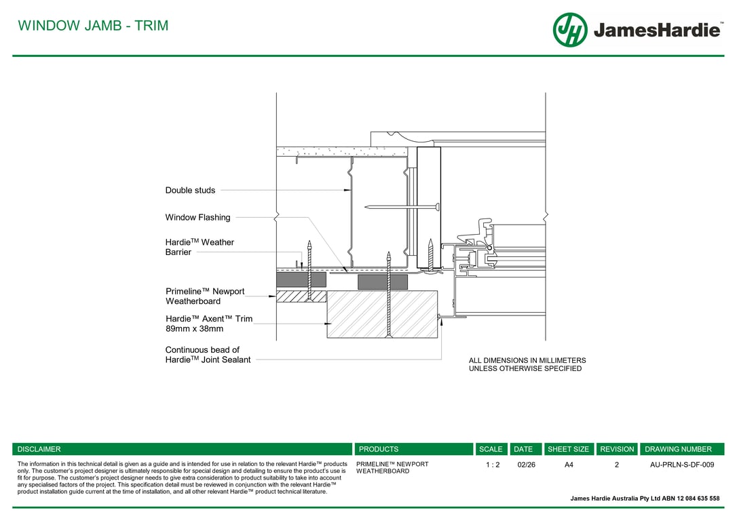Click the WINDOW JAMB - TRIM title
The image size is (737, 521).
click(x=93, y=25)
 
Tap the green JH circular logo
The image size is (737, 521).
click(x=570, y=30)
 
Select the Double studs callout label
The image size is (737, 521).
click(x=190, y=190)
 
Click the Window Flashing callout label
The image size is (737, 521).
click(x=197, y=218)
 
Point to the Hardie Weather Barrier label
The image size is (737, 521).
click(x=200, y=247)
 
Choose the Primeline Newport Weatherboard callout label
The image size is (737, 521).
click(x=205, y=296)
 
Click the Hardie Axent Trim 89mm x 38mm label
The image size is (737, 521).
click(x=209, y=324)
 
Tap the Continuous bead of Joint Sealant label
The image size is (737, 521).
click(x=208, y=355)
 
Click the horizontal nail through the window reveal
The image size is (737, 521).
click(x=402, y=207)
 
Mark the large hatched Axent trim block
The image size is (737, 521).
click(x=382, y=314)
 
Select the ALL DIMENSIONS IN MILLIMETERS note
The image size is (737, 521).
click(x=527, y=364)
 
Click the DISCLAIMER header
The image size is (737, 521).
click(x=39, y=449)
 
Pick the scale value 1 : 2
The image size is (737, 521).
click(x=493, y=465)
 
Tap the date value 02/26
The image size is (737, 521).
click(x=526, y=465)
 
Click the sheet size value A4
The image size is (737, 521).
click(x=569, y=465)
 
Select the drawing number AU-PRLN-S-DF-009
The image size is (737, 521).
click(x=682, y=465)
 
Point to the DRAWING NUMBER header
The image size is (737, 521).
click(x=678, y=449)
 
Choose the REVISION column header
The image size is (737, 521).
click(x=617, y=449)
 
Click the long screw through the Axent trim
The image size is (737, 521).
click(x=389, y=294)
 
